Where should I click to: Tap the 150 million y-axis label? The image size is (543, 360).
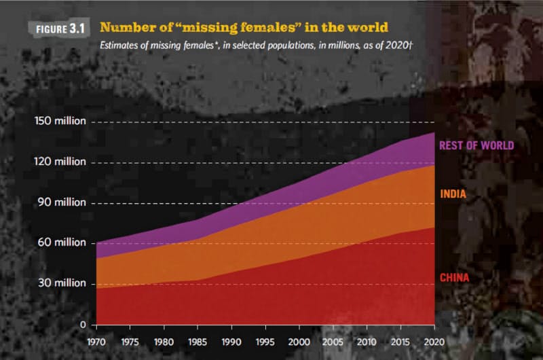[60, 122]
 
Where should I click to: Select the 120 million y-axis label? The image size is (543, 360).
[60, 162]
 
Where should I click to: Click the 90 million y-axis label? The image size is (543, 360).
[63, 202]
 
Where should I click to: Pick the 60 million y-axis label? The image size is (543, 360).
[63, 242]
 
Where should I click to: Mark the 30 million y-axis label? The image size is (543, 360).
[63, 283]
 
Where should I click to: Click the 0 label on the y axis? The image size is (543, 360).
[81, 324]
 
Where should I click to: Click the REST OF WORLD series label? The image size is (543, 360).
[476, 145]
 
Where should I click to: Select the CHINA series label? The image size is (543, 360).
[454, 277]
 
